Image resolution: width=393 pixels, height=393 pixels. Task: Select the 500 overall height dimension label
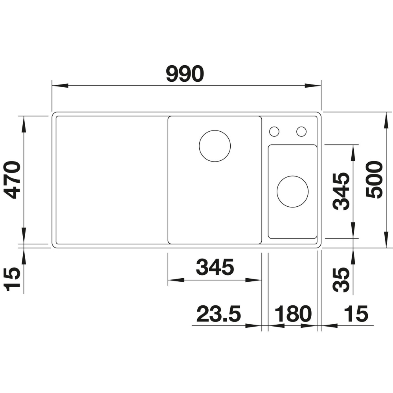[x=373, y=179]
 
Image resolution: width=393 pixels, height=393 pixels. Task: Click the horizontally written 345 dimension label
[x=215, y=268]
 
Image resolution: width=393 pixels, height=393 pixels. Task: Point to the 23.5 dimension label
[x=218, y=314]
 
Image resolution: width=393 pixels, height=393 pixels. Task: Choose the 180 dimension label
[x=293, y=314]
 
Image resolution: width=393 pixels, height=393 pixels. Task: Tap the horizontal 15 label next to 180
[x=356, y=314]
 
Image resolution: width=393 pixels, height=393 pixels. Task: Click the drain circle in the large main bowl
[x=215, y=145]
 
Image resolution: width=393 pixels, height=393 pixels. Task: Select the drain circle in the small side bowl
[x=292, y=191]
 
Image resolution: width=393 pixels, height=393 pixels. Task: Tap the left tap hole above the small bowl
[x=274, y=131]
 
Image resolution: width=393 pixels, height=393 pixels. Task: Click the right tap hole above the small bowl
[x=301, y=131]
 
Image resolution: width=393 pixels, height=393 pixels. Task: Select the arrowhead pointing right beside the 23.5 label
[x=254, y=326]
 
